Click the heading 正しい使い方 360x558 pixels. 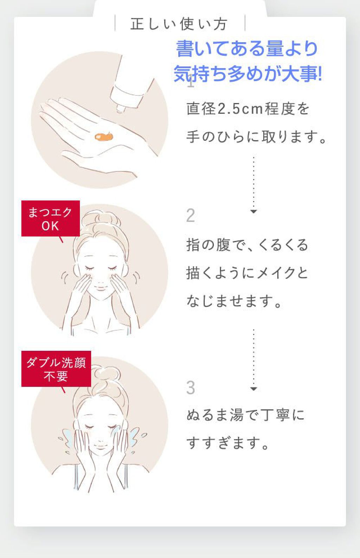point(179,24)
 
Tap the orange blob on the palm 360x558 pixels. point(104,137)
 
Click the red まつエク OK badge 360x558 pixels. point(51,218)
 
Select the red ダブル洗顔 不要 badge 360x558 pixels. point(56,369)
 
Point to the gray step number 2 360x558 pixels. point(191,215)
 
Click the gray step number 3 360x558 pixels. point(191,388)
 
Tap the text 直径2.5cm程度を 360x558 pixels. point(248,109)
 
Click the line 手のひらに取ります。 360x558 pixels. point(256,137)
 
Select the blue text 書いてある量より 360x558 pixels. point(247,48)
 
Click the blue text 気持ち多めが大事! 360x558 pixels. point(248,74)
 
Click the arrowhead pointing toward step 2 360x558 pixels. point(253,211)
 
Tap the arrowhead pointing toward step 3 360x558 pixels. point(253,389)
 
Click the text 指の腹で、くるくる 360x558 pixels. point(247,245)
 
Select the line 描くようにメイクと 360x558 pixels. point(247,273)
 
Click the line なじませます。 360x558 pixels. point(234,301)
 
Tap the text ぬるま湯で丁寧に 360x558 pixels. point(245,415)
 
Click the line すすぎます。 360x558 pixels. point(227,443)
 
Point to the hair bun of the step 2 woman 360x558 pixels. point(100,219)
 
